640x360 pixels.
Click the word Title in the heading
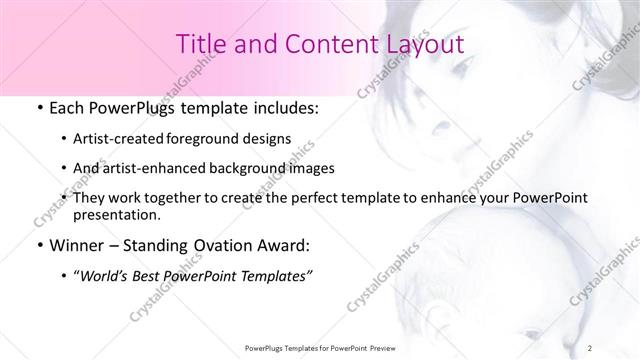coord(198,44)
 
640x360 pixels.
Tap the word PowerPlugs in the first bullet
coord(128,106)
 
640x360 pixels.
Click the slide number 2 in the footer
coord(591,347)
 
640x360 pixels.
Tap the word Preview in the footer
coord(387,347)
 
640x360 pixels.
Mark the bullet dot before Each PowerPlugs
coord(38,107)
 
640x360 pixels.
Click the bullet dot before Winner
coord(38,245)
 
